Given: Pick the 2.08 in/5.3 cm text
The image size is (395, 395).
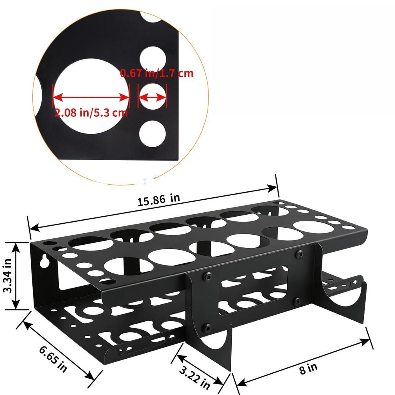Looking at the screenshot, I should coord(91,113).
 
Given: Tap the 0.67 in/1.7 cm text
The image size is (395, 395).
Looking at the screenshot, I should coord(157,73).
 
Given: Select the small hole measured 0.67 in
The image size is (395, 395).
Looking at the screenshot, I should coord(152,96).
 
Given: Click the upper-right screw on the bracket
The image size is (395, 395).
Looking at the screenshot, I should coord(299,254).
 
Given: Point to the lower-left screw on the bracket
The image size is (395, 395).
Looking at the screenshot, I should coord(206,327).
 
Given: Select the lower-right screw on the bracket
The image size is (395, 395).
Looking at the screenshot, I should coord(296,301).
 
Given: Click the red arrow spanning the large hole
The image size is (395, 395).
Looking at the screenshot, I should coord(91,97).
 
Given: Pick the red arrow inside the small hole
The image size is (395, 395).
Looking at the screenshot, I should coord(152,97).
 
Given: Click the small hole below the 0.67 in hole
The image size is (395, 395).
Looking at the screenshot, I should coord(152,133).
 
